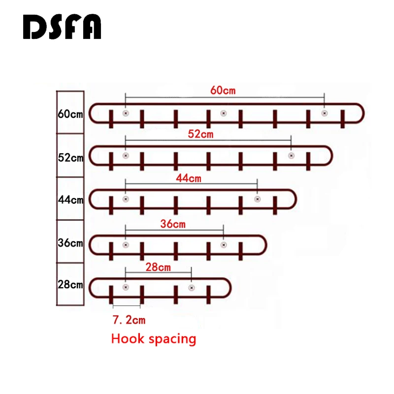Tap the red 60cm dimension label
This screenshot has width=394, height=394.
tap(223, 90)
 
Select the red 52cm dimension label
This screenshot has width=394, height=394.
tap(200, 134)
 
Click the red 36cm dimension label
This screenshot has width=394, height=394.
tap(173, 224)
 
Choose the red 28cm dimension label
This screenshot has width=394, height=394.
tap(158, 267)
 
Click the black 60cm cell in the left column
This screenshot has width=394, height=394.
tap(70, 113)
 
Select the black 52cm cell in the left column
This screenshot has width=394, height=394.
tap(70, 157)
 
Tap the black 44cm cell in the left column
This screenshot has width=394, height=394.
tap(70, 199)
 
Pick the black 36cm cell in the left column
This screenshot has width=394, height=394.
tap(70, 242)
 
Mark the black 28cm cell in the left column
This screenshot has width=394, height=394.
tap(70, 285)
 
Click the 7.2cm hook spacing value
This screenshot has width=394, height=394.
tap(129, 320)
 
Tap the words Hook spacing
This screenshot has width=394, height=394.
tap(154, 339)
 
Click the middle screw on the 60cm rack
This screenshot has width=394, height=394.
tap(223, 113)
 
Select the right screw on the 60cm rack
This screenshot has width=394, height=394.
tap(324, 113)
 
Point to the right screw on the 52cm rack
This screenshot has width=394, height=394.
tap(291, 156)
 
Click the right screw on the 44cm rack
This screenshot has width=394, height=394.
tap(257, 199)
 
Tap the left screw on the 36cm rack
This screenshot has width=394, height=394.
tap(126, 245)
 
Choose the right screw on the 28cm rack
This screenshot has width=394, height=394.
tap(191, 288)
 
